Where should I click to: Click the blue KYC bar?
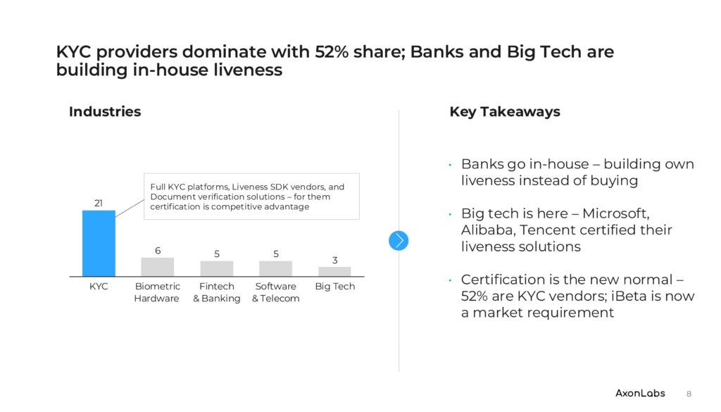tap(99, 243)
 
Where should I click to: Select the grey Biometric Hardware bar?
tap(158, 267)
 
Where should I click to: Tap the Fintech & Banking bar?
tap(217, 268)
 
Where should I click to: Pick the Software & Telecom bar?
tap(275, 268)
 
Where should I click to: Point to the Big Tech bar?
tap(334, 271)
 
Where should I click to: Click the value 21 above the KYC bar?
tap(99, 204)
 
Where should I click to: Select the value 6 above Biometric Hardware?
tap(158, 251)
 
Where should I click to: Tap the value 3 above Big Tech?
tap(334, 261)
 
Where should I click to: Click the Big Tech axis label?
tap(334, 287)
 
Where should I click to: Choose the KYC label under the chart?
tap(99, 287)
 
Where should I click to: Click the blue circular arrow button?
tap(399, 240)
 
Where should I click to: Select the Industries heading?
tap(105, 112)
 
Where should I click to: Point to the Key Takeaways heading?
tap(505, 112)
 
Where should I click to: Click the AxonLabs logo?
tap(640, 393)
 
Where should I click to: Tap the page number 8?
tap(689, 394)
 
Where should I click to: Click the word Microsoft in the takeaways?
tap(615, 213)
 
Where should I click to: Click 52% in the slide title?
tap(332, 52)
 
